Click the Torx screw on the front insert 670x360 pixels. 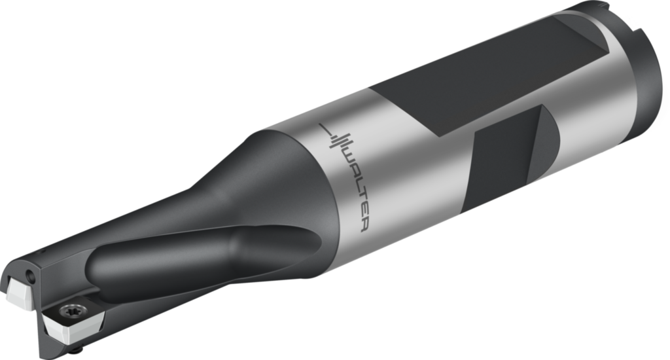[70, 310]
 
